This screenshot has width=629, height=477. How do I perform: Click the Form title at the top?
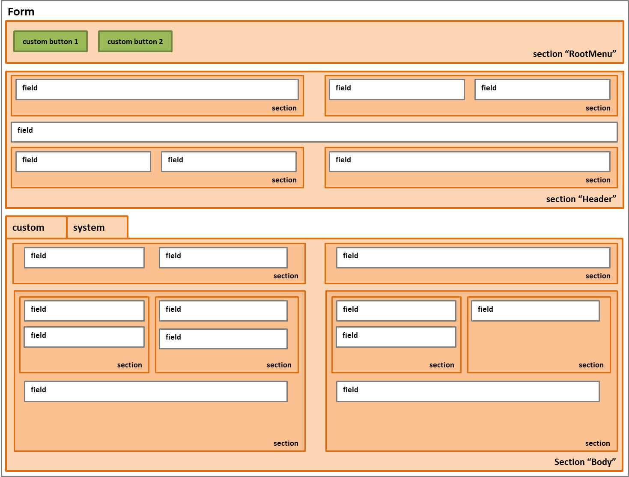click(21, 12)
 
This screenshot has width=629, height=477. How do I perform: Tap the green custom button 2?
click(135, 42)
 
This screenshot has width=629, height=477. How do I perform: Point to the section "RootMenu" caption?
click(574, 54)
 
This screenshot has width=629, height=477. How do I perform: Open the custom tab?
click(36, 227)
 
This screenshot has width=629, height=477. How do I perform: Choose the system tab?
click(97, 227)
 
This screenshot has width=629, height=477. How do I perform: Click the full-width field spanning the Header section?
click(314, 132)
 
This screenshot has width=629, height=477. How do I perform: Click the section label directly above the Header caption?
click(598, 180)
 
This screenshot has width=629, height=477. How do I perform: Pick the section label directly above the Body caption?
click(597, 443)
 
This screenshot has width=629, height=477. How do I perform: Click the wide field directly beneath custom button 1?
click(157, 89)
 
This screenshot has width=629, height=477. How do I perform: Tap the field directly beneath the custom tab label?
click(84, 258)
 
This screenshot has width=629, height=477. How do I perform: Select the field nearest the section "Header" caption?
click(470, 161)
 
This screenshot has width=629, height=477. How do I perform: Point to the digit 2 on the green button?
click(161, 42)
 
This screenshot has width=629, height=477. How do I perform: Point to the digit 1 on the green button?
click(76, 42)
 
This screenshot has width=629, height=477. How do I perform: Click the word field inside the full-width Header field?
click(25, 130)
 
